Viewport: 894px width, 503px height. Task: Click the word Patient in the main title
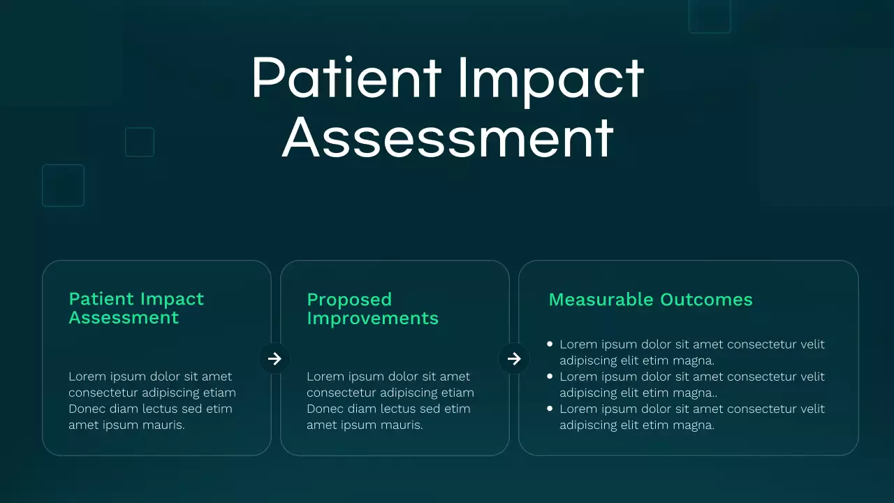coord(346,78)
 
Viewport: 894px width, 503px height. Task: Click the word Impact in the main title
coord(550,78)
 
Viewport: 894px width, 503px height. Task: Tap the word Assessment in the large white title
coord(448,138)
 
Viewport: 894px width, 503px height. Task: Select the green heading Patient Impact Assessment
coord(136,308)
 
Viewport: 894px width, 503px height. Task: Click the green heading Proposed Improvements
coord(372,309)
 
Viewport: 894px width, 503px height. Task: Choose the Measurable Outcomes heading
coord(650,300)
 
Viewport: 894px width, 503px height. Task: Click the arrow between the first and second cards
coord(274,358)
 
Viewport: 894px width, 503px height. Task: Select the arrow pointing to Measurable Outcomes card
coord(514,358)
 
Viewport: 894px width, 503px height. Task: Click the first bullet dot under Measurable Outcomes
coord(550,344)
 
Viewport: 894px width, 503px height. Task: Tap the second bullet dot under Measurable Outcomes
coord(550,376)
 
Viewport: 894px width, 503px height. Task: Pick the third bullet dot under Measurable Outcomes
coord(550,408)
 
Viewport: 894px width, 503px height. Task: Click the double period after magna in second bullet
coord(714,396)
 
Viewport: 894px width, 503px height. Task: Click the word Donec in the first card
coord(87,409)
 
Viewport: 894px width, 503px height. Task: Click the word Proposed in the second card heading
coord(349,300)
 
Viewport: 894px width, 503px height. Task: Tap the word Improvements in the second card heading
coord(372,319)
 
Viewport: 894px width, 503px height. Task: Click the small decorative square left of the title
coord(139,142)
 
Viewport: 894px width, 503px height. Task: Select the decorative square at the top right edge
coord(709,15)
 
